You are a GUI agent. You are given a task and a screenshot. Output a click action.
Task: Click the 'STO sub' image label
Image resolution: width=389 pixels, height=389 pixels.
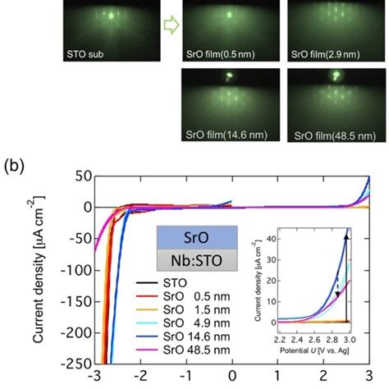click(x=85, y=54)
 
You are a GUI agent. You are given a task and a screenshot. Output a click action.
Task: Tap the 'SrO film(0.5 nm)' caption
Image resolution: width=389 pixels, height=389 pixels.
click(x=221, y=54)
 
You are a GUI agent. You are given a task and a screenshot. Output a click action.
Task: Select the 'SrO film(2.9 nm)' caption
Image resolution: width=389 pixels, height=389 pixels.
click(x=325, y=54)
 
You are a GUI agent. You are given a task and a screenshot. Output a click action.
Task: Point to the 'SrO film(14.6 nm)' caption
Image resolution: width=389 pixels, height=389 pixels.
click(x=227, y=135)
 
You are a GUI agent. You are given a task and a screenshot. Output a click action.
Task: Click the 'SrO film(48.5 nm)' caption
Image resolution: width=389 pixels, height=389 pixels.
click(x=335, y=136)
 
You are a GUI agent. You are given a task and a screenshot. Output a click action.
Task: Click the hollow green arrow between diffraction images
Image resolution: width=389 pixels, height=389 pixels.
click(x=172, y=25)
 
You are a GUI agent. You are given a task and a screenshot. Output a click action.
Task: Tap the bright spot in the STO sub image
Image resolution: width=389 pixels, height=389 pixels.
click(x=111, y=16)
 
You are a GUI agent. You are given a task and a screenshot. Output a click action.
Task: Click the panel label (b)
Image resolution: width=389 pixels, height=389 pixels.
click(x=14, y=166)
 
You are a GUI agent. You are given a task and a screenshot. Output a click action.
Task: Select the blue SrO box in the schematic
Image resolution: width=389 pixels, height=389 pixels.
click(x=197, y=237)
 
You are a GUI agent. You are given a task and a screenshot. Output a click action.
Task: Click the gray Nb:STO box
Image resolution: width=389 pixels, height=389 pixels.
click(x=197, y=260)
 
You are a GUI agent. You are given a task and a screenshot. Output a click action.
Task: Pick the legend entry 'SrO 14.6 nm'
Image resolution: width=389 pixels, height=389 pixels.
click(x=183, y=336)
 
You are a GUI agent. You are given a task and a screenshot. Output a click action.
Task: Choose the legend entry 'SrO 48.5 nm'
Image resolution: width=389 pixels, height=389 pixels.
click(x=183, y=350)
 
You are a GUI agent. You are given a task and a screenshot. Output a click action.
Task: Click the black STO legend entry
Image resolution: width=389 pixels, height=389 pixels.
click(x=162, y=283)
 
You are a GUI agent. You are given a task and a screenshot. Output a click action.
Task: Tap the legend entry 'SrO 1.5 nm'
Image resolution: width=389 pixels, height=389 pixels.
click(x=183, y=309)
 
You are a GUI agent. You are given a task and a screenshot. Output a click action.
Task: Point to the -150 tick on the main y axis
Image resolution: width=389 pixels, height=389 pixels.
click(x=94, y=301)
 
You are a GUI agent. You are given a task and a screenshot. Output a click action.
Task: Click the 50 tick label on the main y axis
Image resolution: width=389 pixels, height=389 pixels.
click(x=84, y=176)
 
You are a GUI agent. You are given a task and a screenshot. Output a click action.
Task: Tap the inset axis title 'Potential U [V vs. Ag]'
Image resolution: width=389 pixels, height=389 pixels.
click(x=314, y=350)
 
